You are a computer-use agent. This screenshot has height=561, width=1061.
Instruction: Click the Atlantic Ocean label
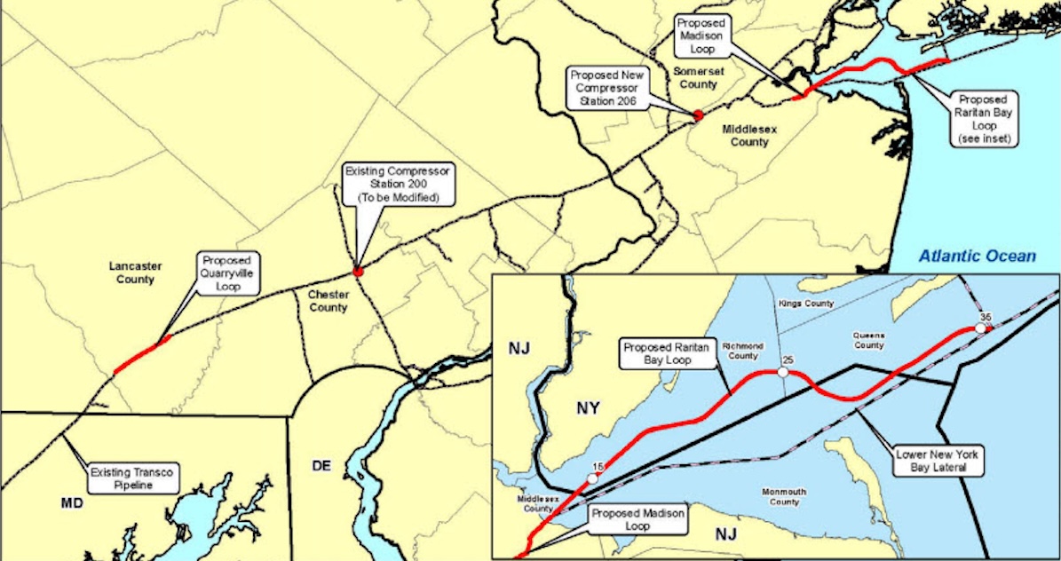[x=977, y=257]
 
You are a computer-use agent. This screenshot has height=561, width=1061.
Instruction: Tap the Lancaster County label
[x=132, y=273]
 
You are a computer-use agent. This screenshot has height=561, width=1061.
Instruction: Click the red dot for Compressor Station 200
[x=358, y=271]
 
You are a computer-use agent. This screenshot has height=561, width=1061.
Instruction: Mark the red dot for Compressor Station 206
[x=698, y=115]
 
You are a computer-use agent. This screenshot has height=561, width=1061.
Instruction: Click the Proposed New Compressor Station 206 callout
[x=608, y=89]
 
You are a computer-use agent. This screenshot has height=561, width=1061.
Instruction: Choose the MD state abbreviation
[x=72, y=503]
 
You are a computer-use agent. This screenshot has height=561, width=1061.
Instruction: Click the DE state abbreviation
[x=321, y=465]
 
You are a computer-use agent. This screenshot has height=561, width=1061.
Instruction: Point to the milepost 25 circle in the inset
[x=783, y=374]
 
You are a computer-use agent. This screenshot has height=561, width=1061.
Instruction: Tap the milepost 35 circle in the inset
[x=981, y=328]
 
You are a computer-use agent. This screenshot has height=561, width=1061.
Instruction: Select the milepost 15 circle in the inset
[x=593, y=478]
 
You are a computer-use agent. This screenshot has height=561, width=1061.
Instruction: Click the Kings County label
[x=805, y=304]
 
